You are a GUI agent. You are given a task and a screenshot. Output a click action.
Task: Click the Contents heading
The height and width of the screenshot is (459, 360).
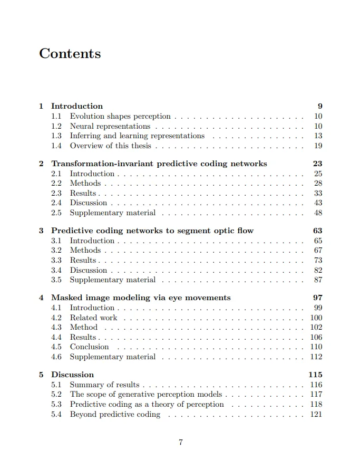point(70,54)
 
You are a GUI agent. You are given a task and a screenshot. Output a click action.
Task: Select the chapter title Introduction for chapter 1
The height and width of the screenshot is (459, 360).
point(77,106)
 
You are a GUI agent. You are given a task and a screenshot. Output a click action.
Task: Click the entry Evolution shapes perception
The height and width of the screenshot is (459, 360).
point(120,116)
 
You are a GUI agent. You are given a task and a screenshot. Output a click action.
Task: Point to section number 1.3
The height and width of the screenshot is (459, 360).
point(56,136)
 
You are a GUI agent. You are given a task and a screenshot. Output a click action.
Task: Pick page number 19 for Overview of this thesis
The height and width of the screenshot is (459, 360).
point(318,146)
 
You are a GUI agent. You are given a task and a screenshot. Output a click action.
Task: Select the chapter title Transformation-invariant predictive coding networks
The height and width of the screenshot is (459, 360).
point(159,164)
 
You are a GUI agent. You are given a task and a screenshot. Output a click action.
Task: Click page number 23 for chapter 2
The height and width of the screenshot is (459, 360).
point(318,164)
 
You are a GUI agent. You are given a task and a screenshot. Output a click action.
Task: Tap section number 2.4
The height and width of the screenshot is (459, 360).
point(56,203)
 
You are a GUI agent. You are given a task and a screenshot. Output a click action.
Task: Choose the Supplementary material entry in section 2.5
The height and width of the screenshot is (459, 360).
point(113,213)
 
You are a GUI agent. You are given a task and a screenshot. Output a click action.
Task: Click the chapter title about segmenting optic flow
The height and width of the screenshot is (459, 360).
point(152,231)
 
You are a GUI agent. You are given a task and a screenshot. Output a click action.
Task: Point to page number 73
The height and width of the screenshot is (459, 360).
point(318,260)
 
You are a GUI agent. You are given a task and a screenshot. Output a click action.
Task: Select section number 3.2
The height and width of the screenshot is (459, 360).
point(56,250)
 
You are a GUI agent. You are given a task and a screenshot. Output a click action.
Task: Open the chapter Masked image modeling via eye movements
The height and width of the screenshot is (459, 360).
point(141,298)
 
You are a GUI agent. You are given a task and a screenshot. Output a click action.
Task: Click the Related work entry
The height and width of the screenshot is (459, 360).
point(94,318)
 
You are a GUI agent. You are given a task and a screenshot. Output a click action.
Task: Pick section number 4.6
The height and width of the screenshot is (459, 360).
point(56,357)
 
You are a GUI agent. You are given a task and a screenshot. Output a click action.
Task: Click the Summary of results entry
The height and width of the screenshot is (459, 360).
point(105,385)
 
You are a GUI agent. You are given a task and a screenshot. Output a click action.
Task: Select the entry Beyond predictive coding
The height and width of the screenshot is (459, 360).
point(115,414)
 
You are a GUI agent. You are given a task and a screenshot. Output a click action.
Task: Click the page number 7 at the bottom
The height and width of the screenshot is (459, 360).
point(180,442)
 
